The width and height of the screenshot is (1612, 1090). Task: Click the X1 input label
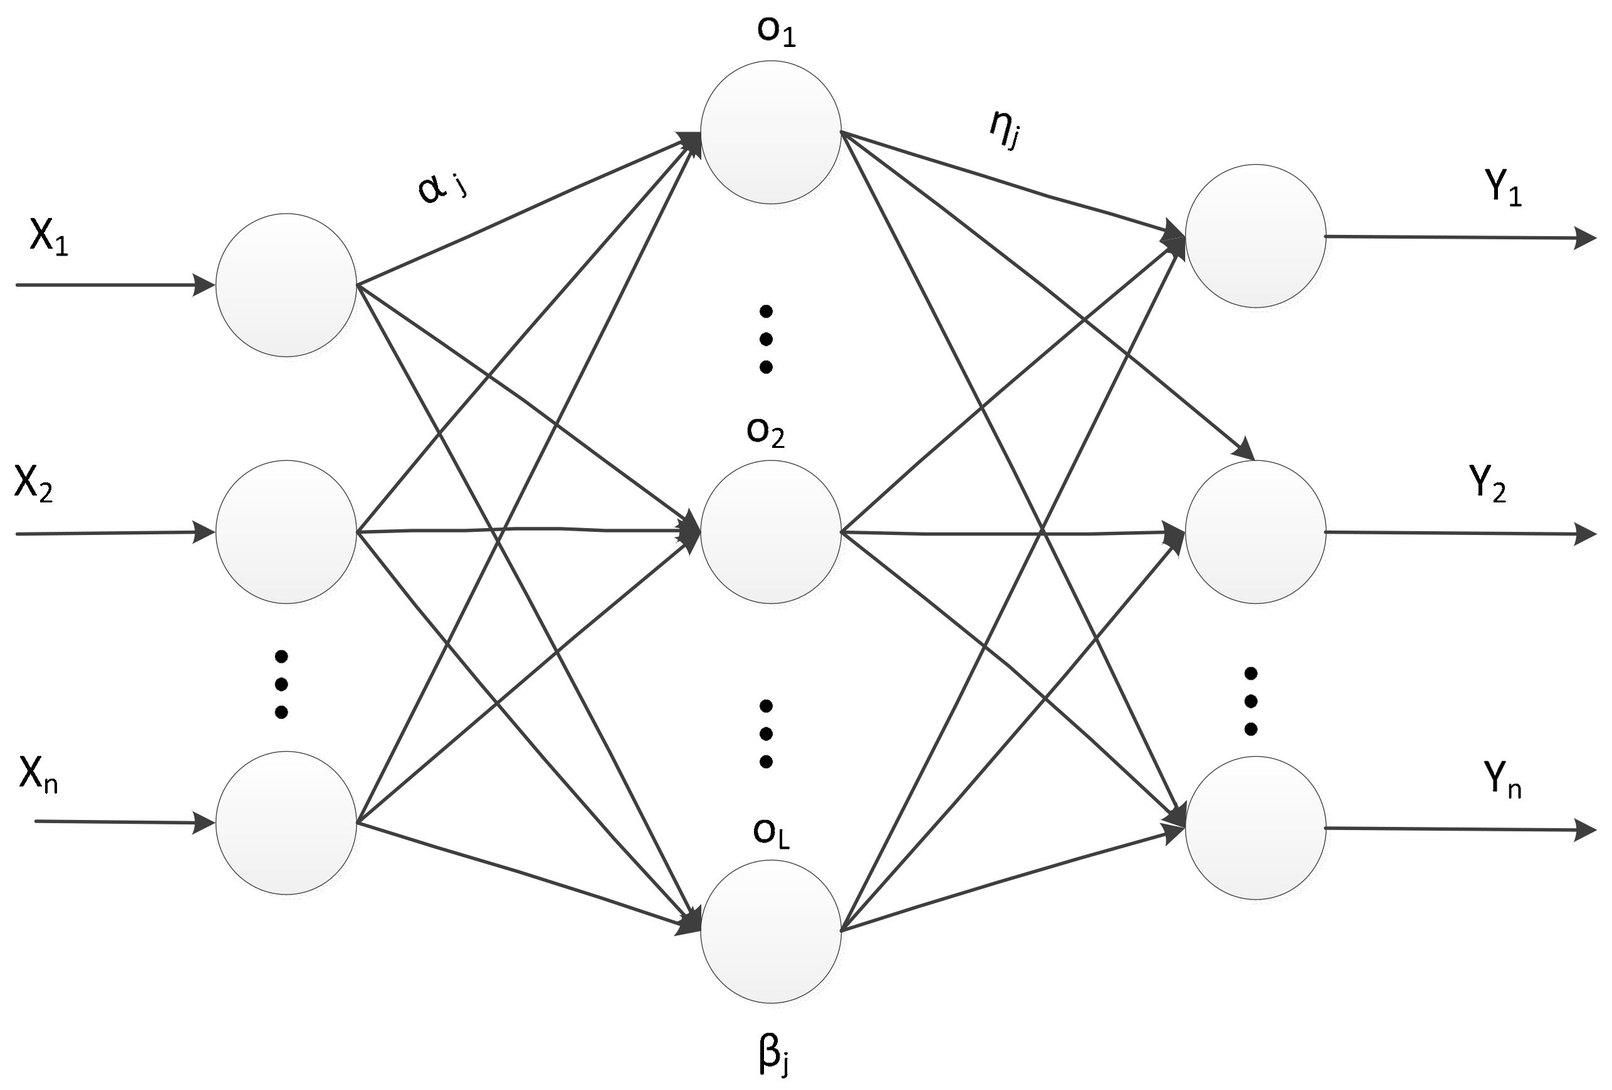point(48,237)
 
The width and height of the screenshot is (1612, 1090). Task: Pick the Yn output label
point(1503,779)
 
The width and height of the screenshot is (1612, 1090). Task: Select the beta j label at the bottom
point(773,1056)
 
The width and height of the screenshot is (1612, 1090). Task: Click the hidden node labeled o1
point(771,132)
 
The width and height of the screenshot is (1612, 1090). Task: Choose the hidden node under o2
point(771,532)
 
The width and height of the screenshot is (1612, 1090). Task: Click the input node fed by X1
point(286,285)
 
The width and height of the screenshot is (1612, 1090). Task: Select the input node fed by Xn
point(286,823)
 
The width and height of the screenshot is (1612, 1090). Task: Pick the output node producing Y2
point(1255,532)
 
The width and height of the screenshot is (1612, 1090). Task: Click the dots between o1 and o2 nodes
point(767,338)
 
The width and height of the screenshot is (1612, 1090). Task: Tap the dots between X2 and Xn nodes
point(281,683)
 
